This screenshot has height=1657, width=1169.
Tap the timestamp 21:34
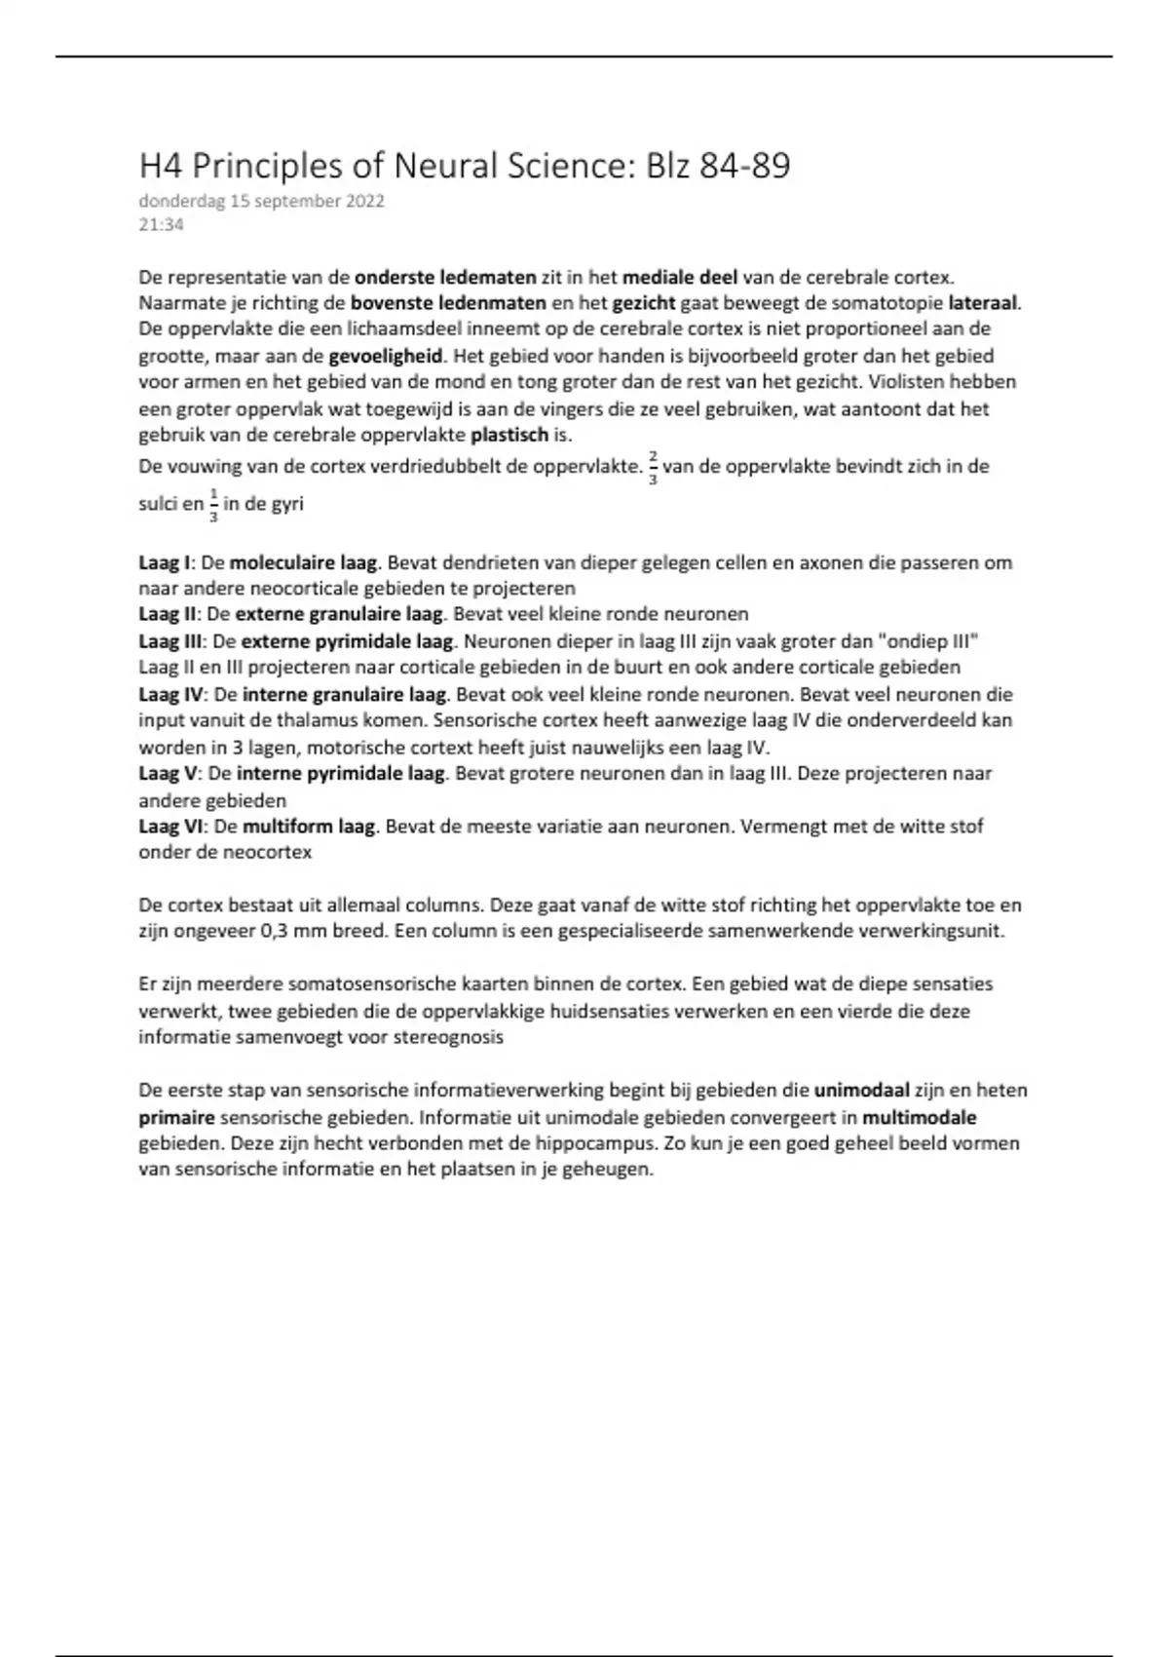coord(161,225)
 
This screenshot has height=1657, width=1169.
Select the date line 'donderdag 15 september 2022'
coord(261,202)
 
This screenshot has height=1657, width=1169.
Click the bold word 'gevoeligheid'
coord(386,356)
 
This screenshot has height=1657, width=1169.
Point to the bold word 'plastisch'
coord(509,435)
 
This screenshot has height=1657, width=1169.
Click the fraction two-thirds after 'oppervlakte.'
coord(653,468)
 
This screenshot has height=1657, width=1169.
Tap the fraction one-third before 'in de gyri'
coord(214,506)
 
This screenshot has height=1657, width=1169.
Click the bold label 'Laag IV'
coord(170,695)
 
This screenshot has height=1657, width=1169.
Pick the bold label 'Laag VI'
coord(170,827)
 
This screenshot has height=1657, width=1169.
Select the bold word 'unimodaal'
coord(862,1091)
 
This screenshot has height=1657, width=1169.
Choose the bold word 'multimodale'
coord(919,1117)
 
